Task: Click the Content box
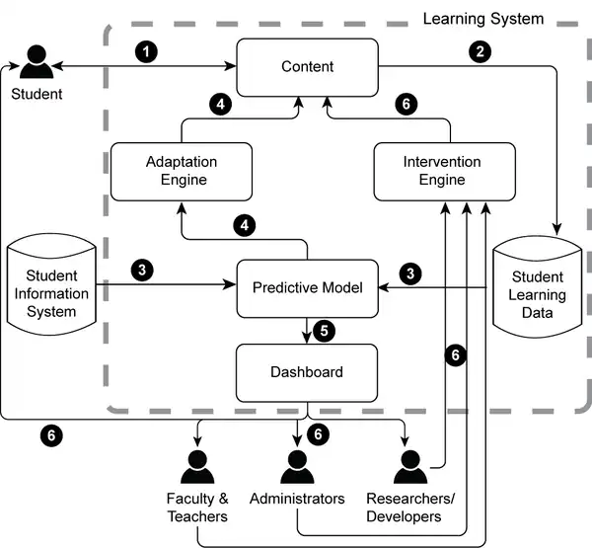308,67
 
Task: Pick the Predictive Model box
308,287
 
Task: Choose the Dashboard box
308,372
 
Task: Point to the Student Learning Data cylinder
538,286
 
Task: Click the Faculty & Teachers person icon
197,466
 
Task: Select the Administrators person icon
297,466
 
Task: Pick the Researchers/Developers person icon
404,466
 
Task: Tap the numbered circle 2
481,51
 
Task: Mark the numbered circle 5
324,330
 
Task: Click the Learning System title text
482,18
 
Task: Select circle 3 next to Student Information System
143,270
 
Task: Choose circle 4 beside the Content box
221,102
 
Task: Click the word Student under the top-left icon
37,95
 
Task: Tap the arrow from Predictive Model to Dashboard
307,331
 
